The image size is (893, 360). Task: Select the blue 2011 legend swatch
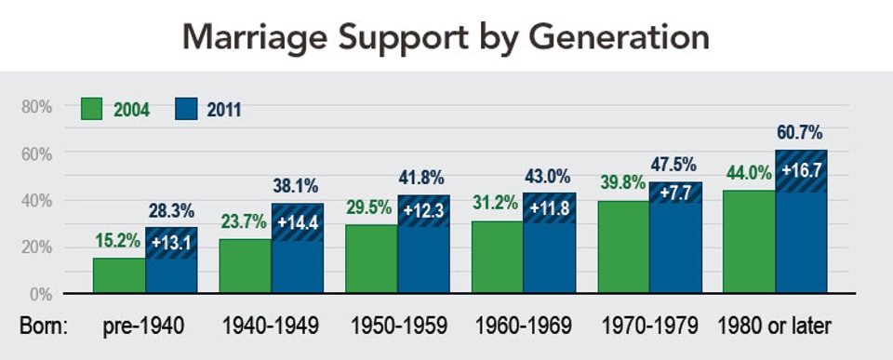[188, 109]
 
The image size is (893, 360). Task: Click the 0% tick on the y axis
[40, 294]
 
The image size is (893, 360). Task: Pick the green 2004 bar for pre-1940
[118, 276]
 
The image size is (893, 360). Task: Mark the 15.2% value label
[117, 242]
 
